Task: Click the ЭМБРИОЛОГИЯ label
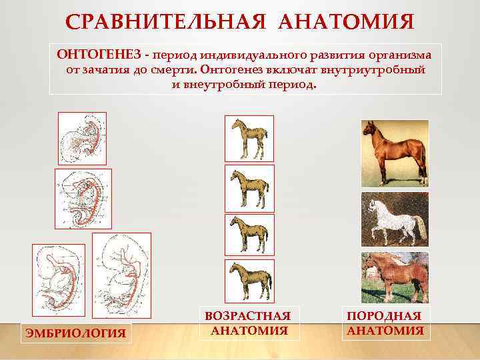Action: coord(75,332)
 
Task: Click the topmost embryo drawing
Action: coord(82,138)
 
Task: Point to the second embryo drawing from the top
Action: coord(83,199)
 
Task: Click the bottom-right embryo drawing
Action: coord(121,275)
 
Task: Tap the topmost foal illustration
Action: coord(249,139)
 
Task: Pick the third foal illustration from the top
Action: coord(249,235)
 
